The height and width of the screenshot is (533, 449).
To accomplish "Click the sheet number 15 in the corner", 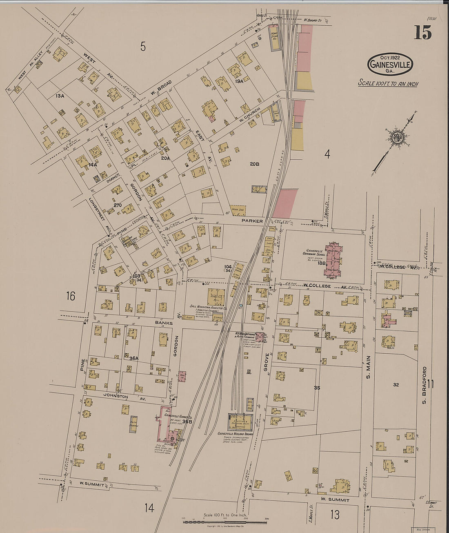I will (423, 32).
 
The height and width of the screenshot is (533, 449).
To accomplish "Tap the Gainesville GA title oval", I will (391, 64).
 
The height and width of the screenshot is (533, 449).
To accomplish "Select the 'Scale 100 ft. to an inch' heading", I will (388, 83).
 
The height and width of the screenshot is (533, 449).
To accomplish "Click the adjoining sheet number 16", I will (71, 296).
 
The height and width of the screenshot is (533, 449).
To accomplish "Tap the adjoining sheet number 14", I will (149, 508).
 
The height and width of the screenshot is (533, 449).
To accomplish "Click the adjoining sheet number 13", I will (335, 515).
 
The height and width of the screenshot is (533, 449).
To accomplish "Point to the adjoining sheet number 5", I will (143, 47).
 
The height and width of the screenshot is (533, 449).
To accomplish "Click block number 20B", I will (254, 164).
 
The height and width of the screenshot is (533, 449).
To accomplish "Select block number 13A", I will (60, 96).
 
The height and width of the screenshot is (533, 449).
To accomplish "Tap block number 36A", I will (134, 358).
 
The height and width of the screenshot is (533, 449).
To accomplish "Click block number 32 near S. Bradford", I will (396, 385).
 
